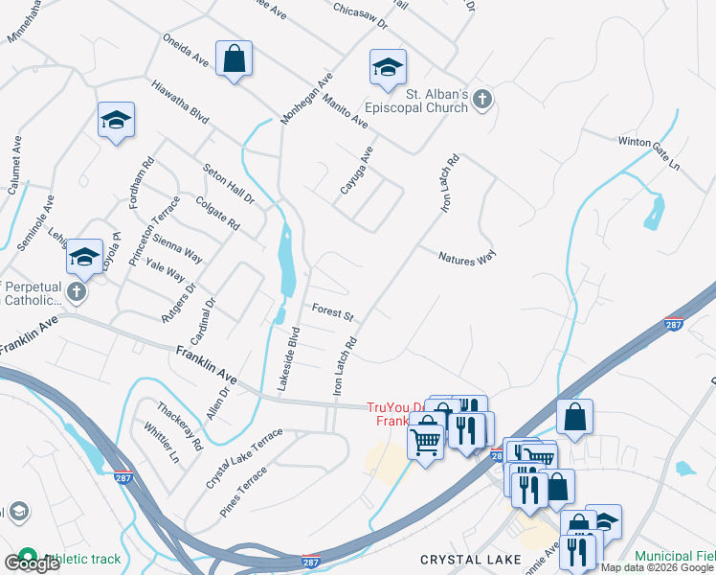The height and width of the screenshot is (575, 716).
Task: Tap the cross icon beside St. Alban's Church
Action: tap(482, 99)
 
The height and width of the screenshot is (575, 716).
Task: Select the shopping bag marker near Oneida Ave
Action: tap(234, 59)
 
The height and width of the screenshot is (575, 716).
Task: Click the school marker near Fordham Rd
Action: tap(116, 121)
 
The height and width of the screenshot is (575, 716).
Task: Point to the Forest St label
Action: tap(333, 312)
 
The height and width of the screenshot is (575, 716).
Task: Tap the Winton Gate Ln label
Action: tap(648, 153)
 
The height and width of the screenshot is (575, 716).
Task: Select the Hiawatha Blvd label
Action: tap(179, 100)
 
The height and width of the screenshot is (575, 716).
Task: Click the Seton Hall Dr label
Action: tap(229, 182)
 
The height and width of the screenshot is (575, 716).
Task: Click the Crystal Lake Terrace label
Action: tap(244, 458)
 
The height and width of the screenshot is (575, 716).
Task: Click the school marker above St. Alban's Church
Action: tap(388, 68)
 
